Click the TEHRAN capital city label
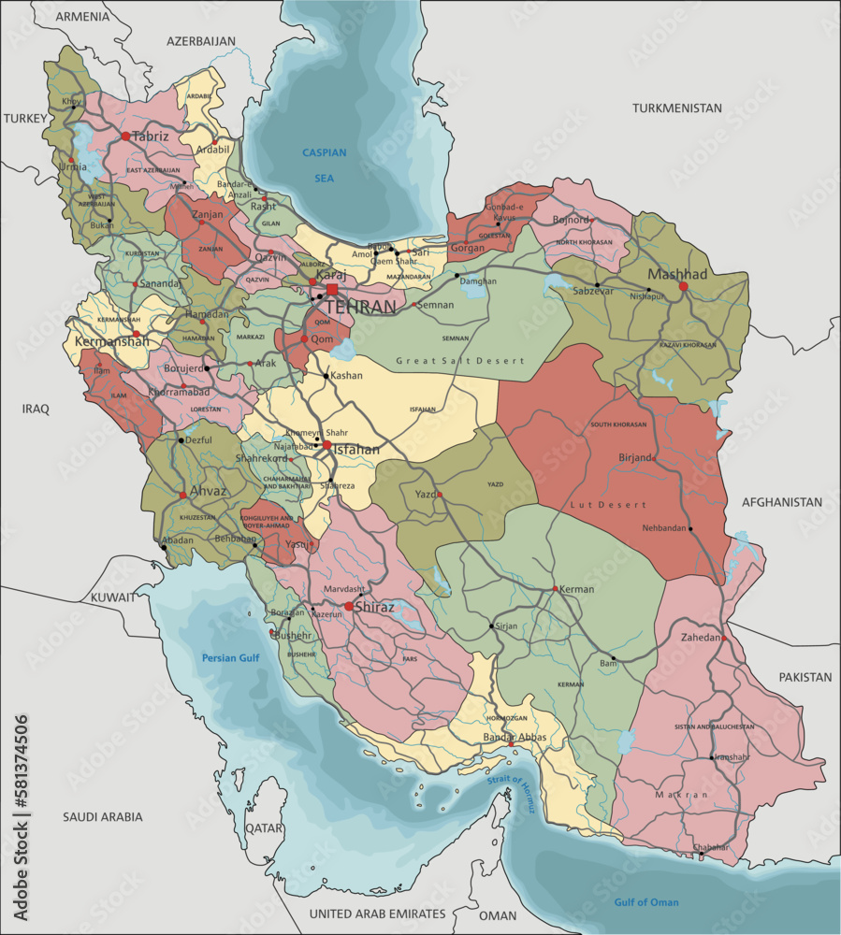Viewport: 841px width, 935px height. [360, 307]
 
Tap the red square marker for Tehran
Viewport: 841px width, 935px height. [331, 290]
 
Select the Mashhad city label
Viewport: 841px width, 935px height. [677, 274]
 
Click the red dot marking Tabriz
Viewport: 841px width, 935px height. [125, 136]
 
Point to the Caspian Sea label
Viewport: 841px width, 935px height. [324, 164]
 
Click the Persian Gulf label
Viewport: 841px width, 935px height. [230, 658]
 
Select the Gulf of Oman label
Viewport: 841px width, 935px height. [646, 902]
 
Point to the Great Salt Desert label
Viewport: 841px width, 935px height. [460, 360]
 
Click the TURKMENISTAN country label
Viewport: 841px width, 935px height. [676, 108]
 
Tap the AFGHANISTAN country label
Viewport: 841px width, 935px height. [782, 502]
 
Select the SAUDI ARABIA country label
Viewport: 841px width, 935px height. [103, 816]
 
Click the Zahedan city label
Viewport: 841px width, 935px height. [695, 637]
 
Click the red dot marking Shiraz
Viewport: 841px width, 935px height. [348, 607]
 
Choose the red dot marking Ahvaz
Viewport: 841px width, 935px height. [182, 496]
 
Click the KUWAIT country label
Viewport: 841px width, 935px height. [113, 596]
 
